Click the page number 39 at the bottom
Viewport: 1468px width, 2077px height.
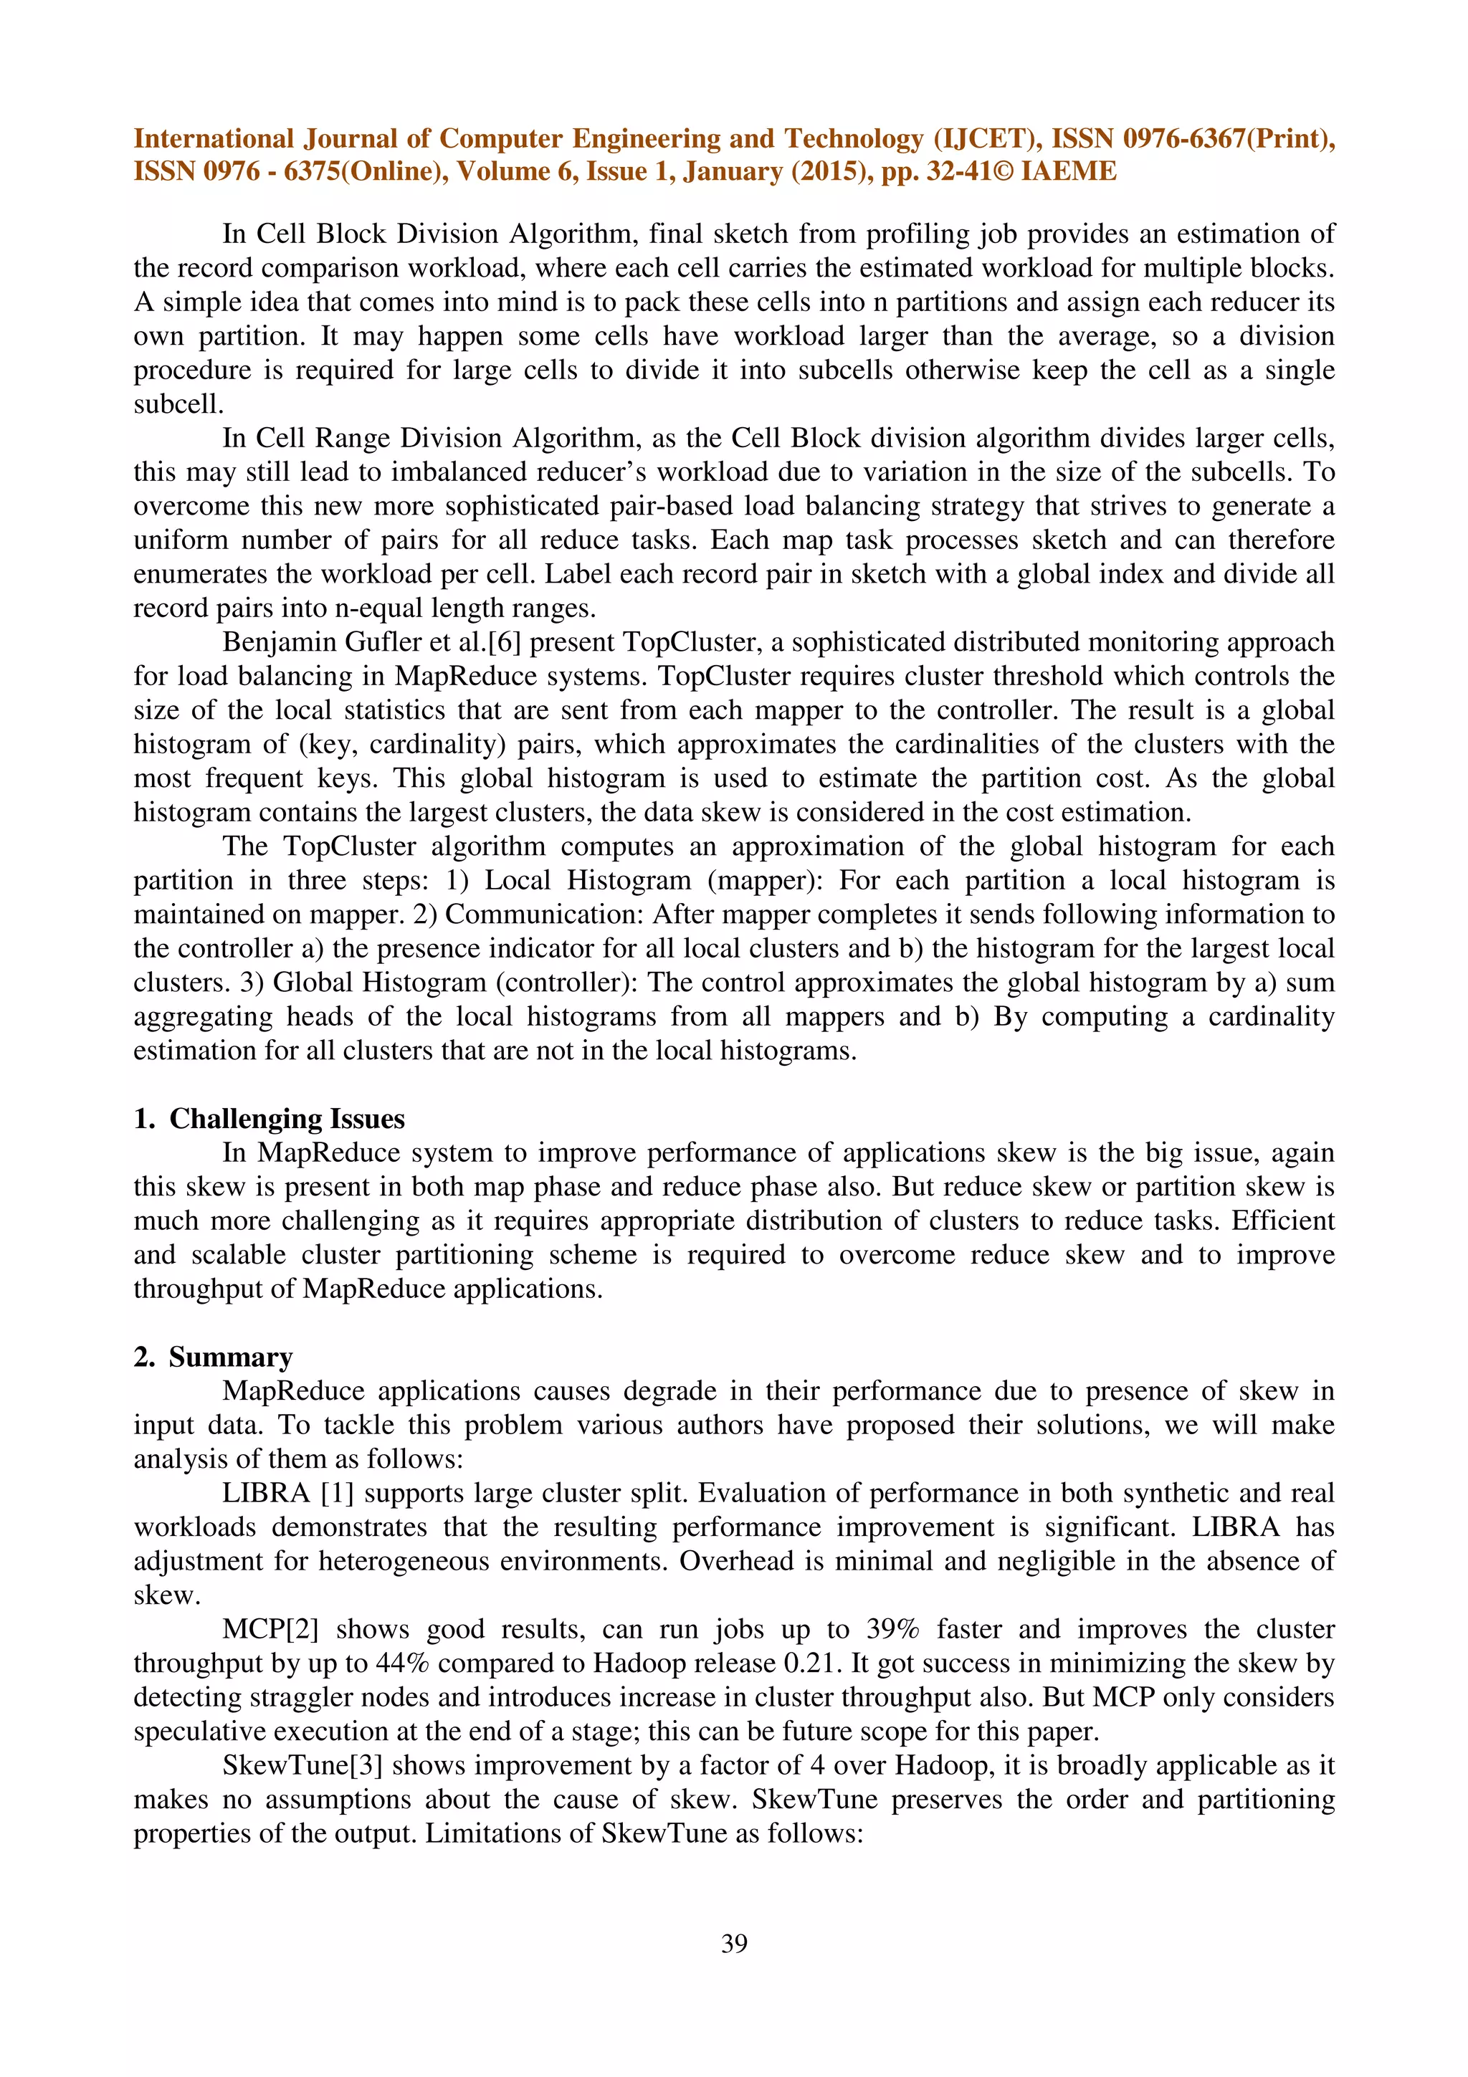click(733, 1942)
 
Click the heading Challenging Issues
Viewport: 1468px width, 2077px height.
click(287, 1118)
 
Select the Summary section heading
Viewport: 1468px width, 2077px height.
click(231, 1356)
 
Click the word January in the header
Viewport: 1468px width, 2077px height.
click(733, 171)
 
